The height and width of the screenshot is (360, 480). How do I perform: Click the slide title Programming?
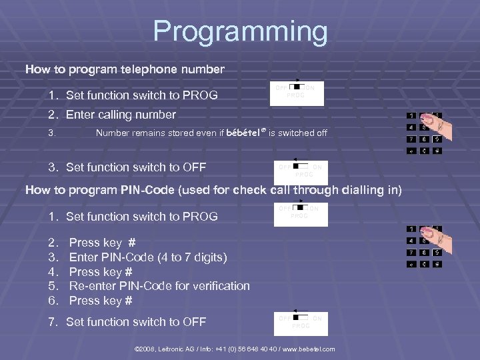point(240,32)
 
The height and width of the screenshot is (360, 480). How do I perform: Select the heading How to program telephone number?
point(125,69)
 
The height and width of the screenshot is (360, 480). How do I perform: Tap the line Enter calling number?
point(121,115)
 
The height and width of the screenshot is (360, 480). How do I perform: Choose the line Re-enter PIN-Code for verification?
point(159,286)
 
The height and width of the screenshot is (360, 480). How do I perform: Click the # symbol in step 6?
point(129,301)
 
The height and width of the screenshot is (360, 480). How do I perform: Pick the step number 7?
point(53,322)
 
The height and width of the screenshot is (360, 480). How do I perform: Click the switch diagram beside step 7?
point(301,323)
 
